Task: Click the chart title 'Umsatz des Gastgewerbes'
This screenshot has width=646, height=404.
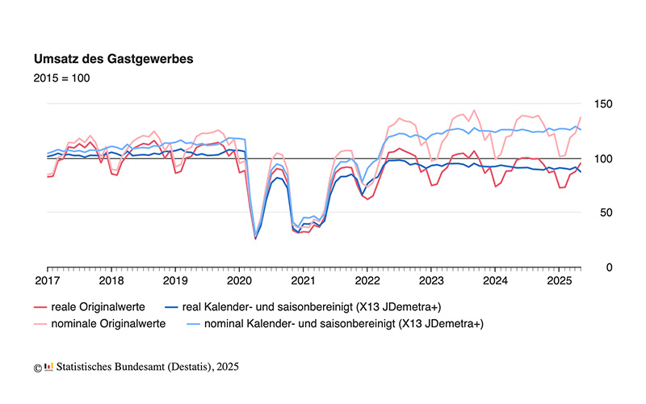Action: click(112, 60)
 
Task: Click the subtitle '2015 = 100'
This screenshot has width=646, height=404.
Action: click(61, 78)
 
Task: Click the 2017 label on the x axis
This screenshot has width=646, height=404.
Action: click(47, 281)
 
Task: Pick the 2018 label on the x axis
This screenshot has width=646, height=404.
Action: click(111, 281)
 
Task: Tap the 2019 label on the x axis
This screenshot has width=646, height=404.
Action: click(175, 281)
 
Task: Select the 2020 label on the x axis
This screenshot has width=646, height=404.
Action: click(239, 281)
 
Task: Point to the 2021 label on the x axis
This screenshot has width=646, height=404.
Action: click(303, 281)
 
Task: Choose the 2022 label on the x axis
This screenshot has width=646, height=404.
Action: click(367, 281)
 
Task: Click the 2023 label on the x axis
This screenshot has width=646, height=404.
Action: click(431, 281)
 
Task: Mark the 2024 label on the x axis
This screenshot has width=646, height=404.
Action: click(495, 281)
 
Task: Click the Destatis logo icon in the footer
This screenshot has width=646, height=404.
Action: click(48, 367)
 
